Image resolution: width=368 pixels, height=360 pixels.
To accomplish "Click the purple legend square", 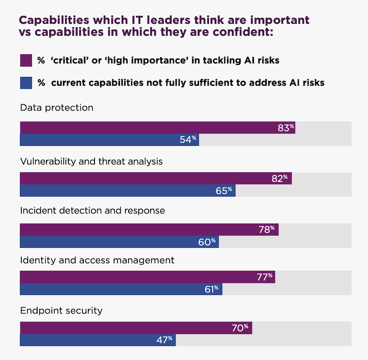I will [x=26, y=60].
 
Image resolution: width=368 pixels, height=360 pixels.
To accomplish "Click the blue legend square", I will [x=26, y=82].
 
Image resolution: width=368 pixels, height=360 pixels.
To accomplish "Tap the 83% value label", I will [x=286, y=128].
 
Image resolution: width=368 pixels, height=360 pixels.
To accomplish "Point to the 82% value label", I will [x=282, y=178].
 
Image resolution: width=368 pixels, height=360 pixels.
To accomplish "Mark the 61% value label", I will [x=212, y=289].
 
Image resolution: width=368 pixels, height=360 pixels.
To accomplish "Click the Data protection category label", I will [x=57, y=108].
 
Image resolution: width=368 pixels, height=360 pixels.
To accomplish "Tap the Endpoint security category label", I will [x=61, y=311].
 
